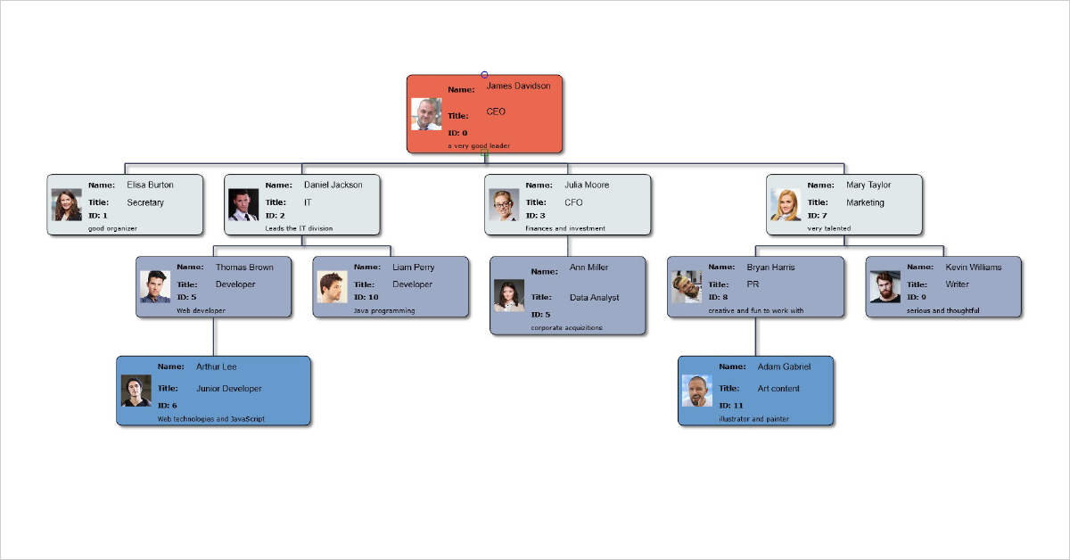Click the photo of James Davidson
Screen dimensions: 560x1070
click(426, 113)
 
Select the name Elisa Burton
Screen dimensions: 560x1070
click(150, 185)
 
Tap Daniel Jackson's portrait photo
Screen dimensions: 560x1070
click(243, 204)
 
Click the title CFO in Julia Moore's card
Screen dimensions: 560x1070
click(573, 202)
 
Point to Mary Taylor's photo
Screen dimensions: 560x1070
click(786, 204)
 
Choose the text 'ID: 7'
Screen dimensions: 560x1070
click(818, 216)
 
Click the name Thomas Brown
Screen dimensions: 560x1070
click(244, 268)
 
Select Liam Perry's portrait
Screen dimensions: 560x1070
click(332, 286)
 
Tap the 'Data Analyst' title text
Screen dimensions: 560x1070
click(594, 298)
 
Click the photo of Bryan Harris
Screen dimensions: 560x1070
click(687, 286)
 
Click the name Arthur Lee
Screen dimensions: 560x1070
click(217, 366)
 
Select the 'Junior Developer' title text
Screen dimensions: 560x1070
click(229, 389)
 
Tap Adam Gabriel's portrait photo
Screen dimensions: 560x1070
click(696, 390)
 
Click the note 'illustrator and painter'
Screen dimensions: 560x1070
click(753, 418)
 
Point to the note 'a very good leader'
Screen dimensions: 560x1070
click(479, 145)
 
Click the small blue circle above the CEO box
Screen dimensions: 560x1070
click(484, 75)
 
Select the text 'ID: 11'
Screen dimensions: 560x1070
click(731, 406)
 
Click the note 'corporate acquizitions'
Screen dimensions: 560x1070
click(566, 327)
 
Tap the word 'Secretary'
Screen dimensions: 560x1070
click(145, 202)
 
